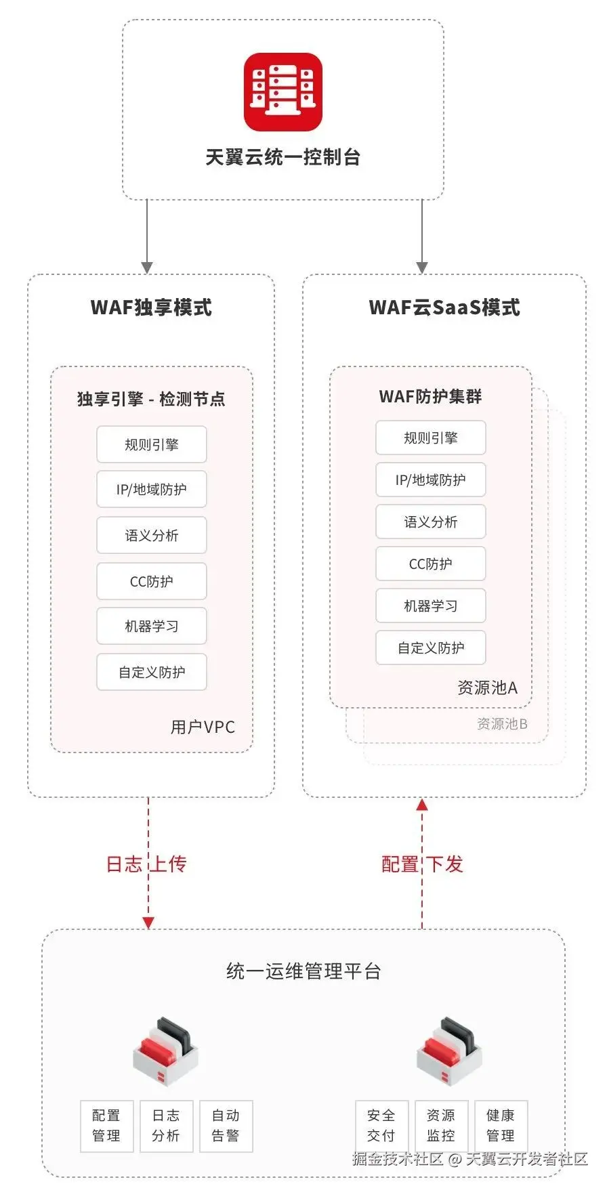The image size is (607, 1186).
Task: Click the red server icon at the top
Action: (x=282, y=92)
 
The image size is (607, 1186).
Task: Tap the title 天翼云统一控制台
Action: (x=282, y=157)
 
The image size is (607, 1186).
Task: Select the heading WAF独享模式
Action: (x=151, y=308)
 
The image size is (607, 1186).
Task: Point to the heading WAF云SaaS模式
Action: (x=444, y=308)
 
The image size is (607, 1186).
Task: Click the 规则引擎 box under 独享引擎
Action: (x=152, y=444)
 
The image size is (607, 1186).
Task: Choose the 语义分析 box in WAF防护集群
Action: (x=431, y=522)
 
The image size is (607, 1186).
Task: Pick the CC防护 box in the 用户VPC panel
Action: (x=152, y=581)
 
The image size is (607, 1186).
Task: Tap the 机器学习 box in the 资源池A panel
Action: (x=431, y=606)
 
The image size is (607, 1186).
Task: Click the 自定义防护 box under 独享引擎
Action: (x=152, y=672)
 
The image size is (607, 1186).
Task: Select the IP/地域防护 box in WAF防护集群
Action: (x=431, y=480)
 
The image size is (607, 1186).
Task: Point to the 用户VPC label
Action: (x=203, y=727)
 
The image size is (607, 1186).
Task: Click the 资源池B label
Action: (x=502, y=724)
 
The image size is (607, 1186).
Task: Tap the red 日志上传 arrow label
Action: (x=146, y=864)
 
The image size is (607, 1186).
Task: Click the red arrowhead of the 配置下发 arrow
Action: (x=422, y=805)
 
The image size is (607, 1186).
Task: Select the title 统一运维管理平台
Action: (x=303, y=971)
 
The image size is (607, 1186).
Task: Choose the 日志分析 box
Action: (x=166, y=1126)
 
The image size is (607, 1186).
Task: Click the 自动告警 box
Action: (x=226, y=1126)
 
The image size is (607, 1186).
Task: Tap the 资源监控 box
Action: (x=441, y=1126)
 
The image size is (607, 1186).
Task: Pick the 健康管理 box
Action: (x=501, y=1126)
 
